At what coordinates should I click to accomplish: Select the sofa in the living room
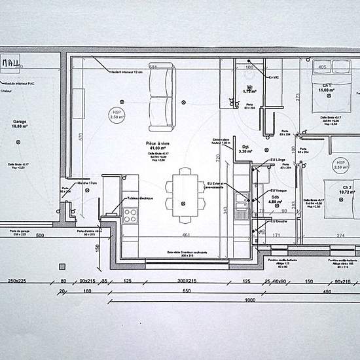click(x=161, y=99)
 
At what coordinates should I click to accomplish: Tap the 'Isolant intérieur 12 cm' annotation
click(x=126, y=71)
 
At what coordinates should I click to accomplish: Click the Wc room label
click(x=249, y=88)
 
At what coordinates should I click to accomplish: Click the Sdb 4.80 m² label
click(x=275, y=200)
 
